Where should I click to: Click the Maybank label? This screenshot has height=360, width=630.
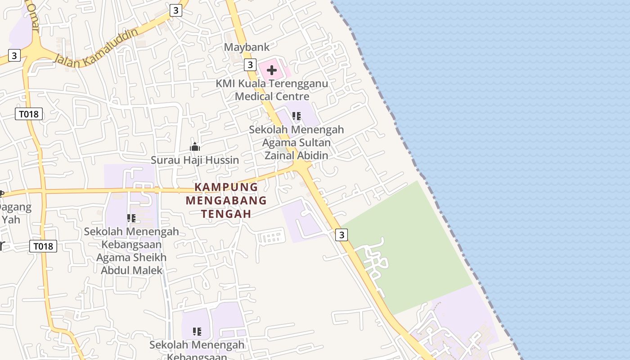click(247, 47)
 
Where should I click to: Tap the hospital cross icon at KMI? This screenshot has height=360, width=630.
click(271, 70)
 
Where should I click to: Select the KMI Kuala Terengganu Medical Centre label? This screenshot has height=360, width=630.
click(272, 90)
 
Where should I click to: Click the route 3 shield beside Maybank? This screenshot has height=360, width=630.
click(250, 65)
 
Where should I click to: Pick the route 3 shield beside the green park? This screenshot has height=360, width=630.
click(342, 235)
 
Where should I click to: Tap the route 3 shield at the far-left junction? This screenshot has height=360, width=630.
click(14, 55)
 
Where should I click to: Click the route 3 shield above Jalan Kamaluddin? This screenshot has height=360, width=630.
click(176, 10)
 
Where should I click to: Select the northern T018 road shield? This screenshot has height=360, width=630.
click(29, 114)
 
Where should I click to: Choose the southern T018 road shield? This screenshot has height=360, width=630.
click(43, 246)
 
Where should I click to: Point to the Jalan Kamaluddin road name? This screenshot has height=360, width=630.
click(96, 48)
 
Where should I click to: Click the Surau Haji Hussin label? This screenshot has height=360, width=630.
click(194, 160)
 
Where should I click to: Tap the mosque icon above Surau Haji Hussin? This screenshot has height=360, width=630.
click(194, 147)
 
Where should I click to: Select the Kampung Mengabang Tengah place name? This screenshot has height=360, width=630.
click(226, 200)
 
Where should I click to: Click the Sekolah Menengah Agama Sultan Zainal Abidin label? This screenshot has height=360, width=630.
click(297, 142)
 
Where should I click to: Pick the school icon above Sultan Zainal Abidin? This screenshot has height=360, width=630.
click(296, 116)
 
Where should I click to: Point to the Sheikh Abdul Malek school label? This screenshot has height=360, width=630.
click(131, 251)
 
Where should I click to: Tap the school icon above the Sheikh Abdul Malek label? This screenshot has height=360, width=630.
click(131, 218)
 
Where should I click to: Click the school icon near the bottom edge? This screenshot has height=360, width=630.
click(197, 332)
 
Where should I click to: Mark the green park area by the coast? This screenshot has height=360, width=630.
click(414, 252)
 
